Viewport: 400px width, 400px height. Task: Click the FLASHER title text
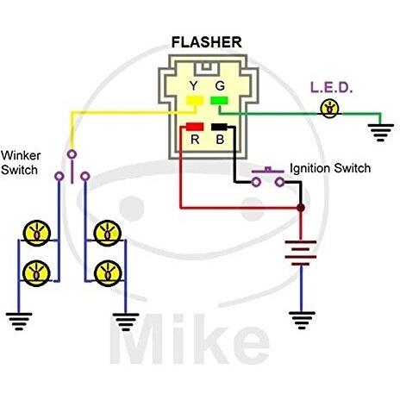pos(206,42)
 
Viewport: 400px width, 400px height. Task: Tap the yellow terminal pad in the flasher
pos(195,100)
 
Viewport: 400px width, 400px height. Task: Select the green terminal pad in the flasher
pos(219,100)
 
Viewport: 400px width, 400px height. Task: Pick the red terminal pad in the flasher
pos(195,127)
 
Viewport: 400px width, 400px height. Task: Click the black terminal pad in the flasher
pos(219,127)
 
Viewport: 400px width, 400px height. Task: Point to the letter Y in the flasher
pos(194,85)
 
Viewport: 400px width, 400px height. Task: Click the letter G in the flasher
pos(220,85)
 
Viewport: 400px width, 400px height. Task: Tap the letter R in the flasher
pos(195,140)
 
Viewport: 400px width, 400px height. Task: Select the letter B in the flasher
pos(220,140)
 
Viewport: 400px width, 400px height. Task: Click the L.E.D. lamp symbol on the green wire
pos(329,109)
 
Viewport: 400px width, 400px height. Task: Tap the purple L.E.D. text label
pos(331,88)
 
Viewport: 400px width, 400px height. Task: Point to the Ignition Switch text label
pos(330,168)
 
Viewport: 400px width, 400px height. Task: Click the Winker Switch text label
pos(21,163)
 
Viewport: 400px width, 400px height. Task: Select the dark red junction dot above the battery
pos(301,208)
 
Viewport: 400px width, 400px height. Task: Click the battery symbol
pos(301,253)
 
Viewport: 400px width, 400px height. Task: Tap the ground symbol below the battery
pos(302,321)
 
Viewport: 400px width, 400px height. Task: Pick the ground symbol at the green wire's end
pos(380,133)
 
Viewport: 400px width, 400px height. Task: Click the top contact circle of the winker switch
pos(72,154)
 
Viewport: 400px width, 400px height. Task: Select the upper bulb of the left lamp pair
pos(37,234)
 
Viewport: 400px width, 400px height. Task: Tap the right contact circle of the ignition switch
pos(280,182)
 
